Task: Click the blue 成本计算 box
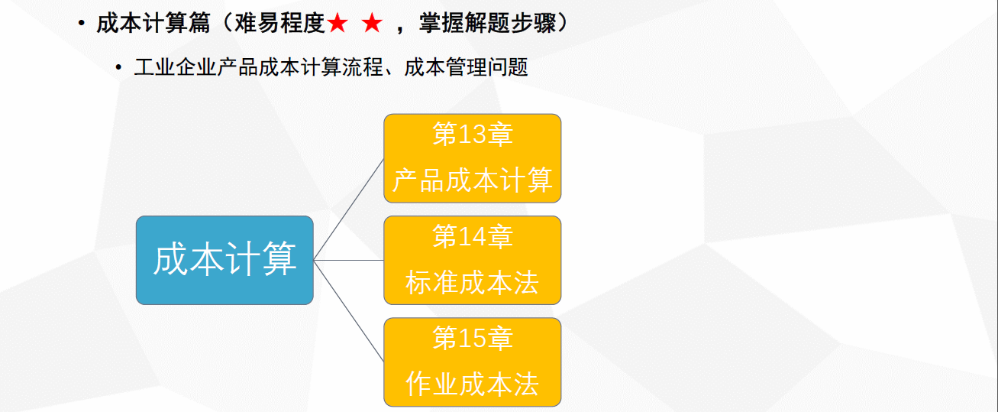(224, 260)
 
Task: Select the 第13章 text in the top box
(473, 135)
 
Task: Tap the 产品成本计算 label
(473, 180)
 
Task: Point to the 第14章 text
(473, 237)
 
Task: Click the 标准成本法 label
(473, 283)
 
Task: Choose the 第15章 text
(473, 338)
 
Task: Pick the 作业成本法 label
(473, 384)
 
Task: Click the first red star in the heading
(337, 24)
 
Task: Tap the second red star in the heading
(372, 24)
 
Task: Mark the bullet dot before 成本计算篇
(82, 24)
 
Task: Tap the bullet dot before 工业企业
(118, 67)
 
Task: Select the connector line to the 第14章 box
(348, 260)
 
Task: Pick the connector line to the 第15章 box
(348, 310)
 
